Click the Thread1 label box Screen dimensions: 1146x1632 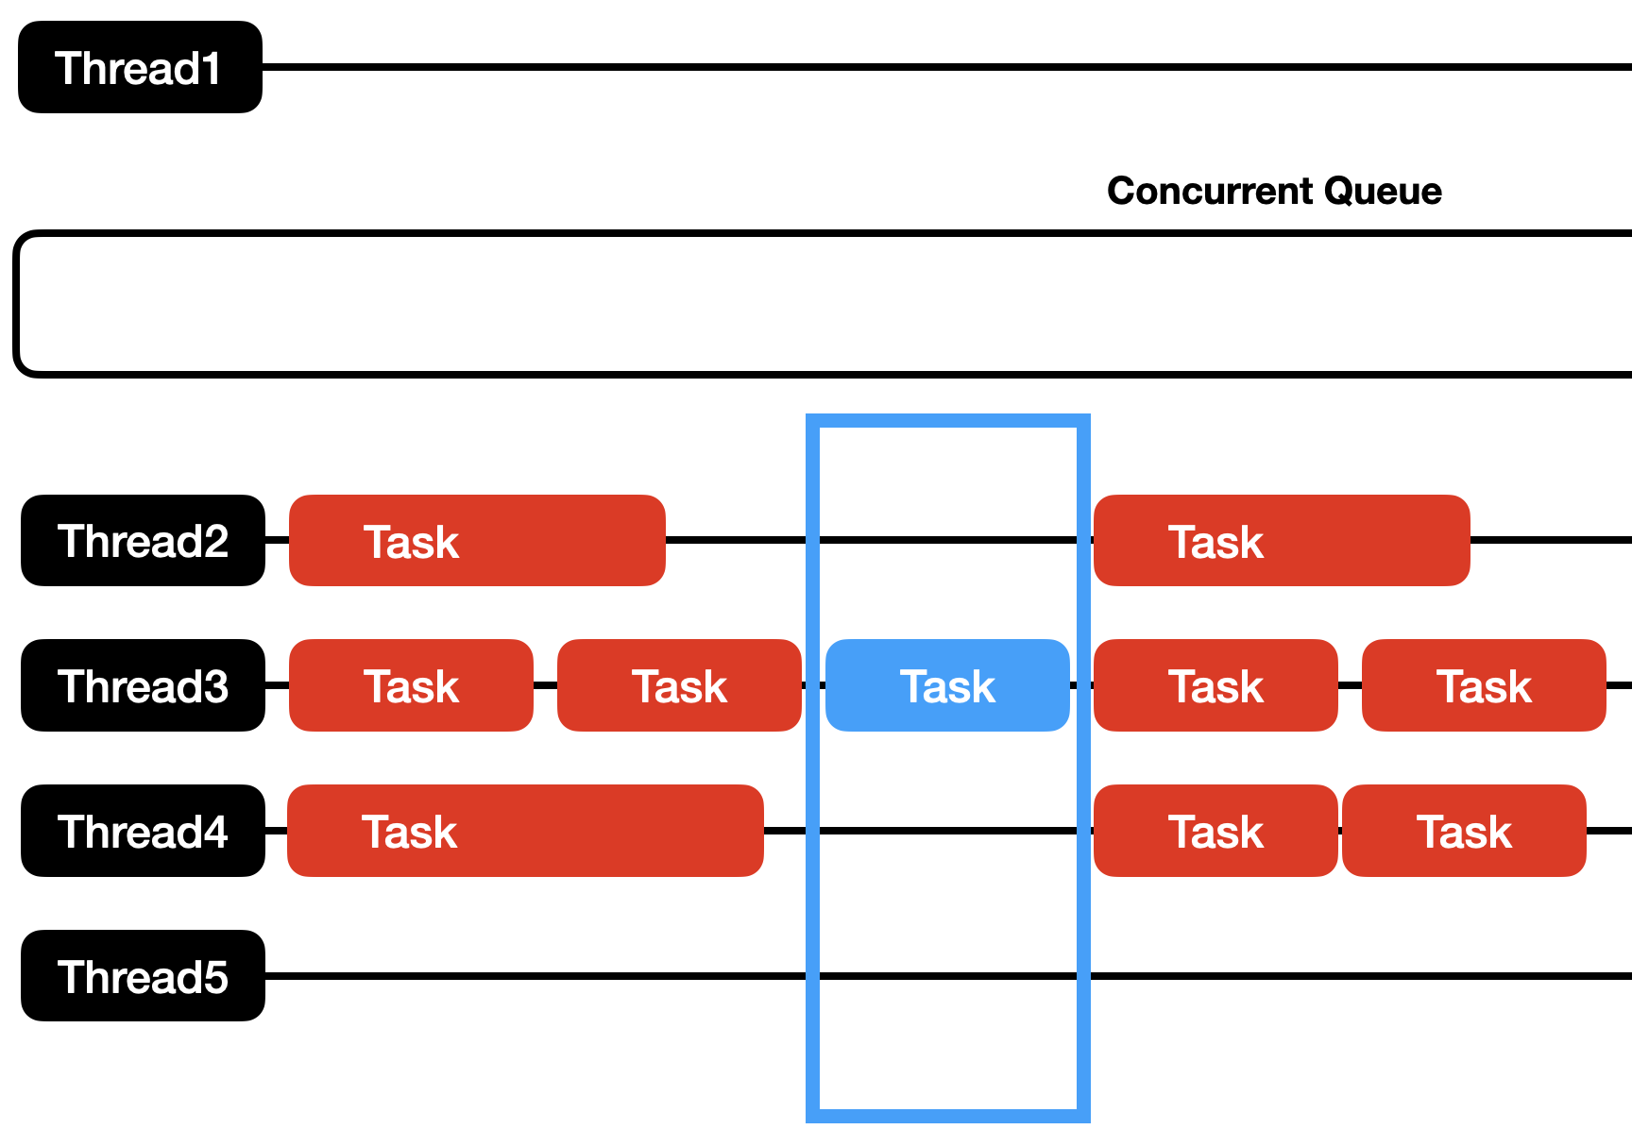[140, 68]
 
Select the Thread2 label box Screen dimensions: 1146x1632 [143, 541]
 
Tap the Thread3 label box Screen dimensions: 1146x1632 [143, 686]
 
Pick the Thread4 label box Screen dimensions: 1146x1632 [143, 832]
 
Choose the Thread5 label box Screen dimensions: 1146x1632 [143, 976]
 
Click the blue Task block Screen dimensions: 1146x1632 [947, 686]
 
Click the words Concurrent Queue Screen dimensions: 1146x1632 [1274, 192]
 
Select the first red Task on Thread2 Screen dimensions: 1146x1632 [477, 541]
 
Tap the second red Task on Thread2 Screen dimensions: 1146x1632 [1282, 541]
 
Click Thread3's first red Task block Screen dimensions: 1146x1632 [411, 686]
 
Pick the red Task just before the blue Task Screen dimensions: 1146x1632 [679, 686]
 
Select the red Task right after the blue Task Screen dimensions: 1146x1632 [1215, 686]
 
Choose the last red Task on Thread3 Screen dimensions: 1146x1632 [1484, 686]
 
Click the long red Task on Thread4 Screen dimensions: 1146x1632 [525, 832]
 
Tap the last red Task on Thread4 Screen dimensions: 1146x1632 [1464, 832]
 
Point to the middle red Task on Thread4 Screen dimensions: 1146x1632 [1215, 832]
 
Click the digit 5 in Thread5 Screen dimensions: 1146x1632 [214, 978]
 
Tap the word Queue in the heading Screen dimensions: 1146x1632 [1383, 192]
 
